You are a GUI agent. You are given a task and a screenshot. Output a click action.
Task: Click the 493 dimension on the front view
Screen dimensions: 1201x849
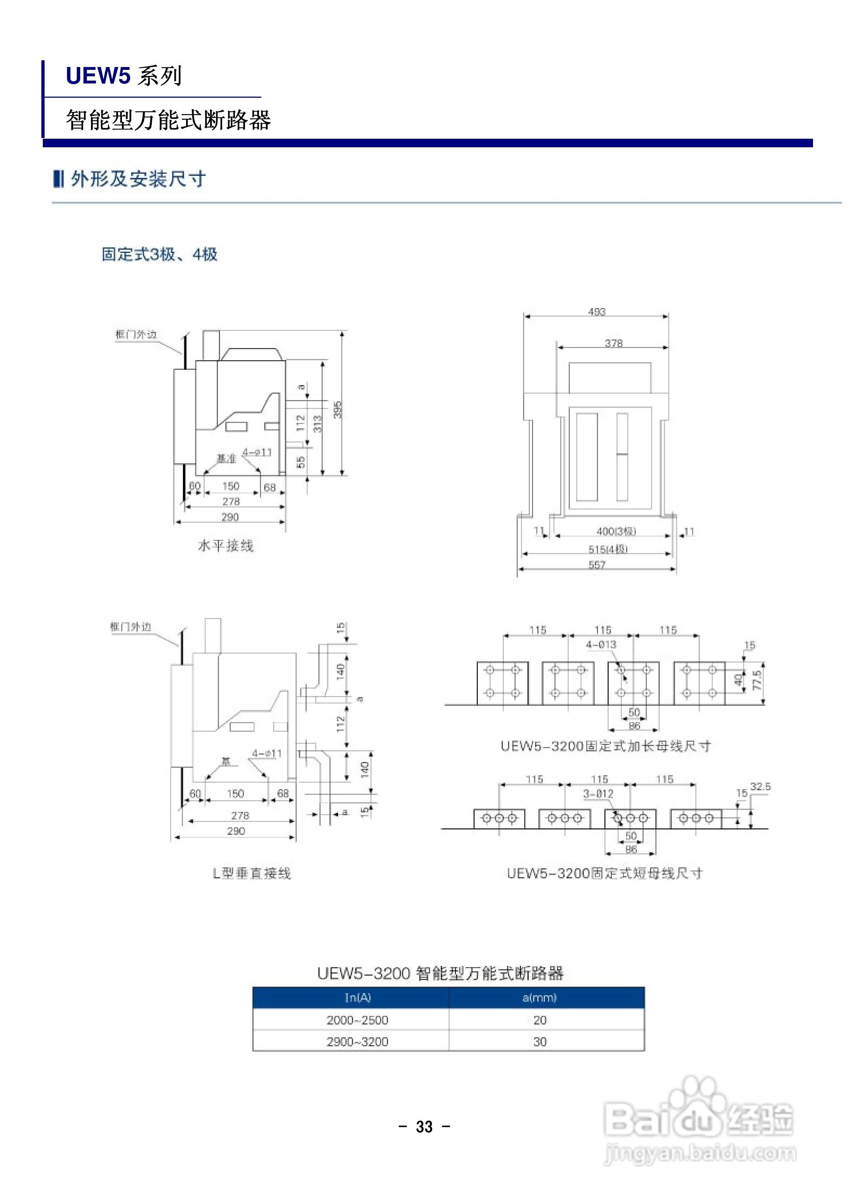[x=596, y=312]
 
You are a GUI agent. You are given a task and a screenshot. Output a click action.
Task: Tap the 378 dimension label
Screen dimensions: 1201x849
[x=614, y=343]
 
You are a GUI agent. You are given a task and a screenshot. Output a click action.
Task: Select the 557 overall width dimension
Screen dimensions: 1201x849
[x=597, y=565]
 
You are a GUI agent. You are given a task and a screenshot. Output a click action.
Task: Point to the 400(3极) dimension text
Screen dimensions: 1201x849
[x=616, y=531]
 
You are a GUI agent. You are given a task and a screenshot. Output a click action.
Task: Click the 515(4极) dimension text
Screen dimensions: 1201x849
[x=608, y=549]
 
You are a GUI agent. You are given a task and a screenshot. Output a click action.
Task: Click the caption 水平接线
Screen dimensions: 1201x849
[x=225, y=546]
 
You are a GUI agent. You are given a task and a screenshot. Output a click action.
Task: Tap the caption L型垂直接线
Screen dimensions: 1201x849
[x=252, y=873]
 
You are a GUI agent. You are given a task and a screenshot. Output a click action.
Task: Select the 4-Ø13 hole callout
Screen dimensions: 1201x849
[x=600, y=645]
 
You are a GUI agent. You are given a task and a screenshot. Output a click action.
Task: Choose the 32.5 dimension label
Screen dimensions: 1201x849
[x=760, y=787]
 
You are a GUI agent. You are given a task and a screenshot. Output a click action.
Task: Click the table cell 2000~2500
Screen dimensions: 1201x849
[x=357, y=1020]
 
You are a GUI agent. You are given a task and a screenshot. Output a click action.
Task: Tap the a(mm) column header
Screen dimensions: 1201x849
[x=539, y=997]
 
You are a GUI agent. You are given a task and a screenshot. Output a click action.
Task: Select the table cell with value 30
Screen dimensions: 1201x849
[x=540, y=1042]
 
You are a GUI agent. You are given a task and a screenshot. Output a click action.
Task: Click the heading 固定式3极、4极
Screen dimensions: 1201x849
[x=159, y=254]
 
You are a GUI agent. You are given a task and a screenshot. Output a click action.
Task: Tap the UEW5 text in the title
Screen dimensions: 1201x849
[x=98, y=76]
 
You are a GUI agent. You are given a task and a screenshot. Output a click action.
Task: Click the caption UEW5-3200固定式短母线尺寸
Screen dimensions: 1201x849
[x=605, y=873]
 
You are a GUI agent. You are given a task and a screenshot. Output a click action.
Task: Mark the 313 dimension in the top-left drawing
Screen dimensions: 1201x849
[x=317, y=424]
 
